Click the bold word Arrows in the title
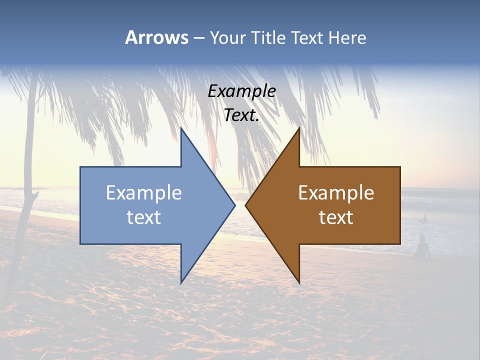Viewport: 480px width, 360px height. pyautogui.click(x=156, y=37)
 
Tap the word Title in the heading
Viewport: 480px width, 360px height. pyautogui.click(x=267, y=38)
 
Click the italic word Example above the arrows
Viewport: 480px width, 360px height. pyautogui.click(x=241, y=91)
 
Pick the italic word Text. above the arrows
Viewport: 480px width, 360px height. pyautogui.click(x=241, y=115)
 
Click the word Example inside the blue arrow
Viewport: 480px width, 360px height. pyautogui.click(x=143, y=192)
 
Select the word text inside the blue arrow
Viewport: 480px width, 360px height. pyautogui.click(x=143, y=217)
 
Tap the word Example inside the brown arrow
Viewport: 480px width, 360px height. pyautogui.click(x=336, y=192)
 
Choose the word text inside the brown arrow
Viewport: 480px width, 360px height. pyautogui.click(x=336, y=217)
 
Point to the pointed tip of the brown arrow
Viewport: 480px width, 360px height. pyautogui.click(x=246, y=205)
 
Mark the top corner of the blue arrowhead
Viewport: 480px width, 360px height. pyautogui.click(x=181, y=128)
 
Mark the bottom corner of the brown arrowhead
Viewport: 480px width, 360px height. pyautogui.click(x=299, y=283)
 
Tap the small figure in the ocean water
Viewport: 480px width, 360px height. pyautogui.click(x=424, y=218)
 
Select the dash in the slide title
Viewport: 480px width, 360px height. pyautogui.click(x=198, y=38)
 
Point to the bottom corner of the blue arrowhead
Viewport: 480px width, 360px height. pyautogui.click(x=181, y=283)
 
